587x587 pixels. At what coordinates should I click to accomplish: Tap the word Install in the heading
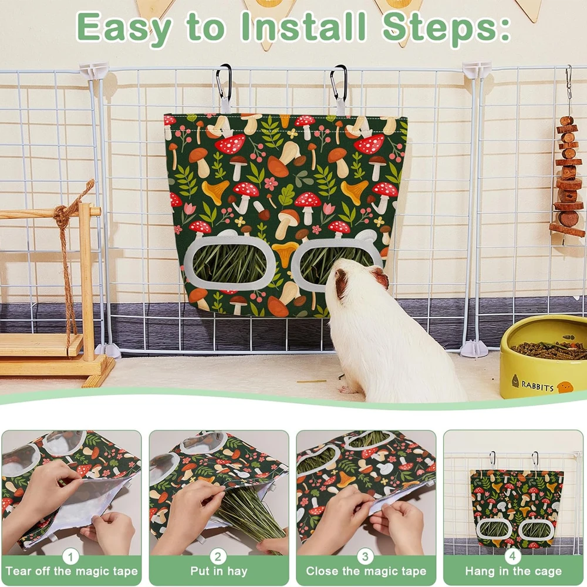[303, 26]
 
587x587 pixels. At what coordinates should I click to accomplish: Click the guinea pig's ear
[380, 278]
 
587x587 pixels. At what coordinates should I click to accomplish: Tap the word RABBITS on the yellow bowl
[537, 386]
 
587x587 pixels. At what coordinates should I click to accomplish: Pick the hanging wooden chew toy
[568, 176]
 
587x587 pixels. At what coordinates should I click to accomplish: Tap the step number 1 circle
[70, 556]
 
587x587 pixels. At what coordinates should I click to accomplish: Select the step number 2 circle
[218, 556]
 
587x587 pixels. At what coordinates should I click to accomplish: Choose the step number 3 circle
[365, 556]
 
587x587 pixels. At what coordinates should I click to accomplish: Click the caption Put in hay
[218, 571]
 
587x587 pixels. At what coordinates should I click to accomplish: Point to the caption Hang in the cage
[514, 572]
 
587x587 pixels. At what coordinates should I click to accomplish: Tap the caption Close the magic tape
[366, 572]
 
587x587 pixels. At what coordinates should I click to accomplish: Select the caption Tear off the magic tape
[72, 572]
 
